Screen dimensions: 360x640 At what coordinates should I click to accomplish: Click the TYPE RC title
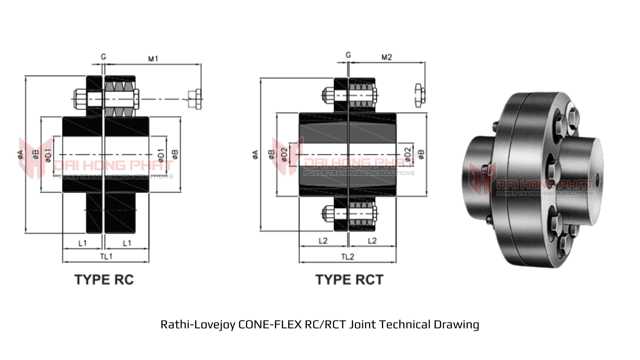(104, 280)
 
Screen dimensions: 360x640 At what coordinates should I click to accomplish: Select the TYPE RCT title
(349, 280)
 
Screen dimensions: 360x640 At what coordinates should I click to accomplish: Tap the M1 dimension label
(153, 59)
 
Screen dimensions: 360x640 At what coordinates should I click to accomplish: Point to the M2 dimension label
(387, 57)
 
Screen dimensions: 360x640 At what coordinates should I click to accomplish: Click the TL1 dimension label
(106, 256)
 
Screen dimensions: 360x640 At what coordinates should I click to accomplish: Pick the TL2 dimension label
(347, 257)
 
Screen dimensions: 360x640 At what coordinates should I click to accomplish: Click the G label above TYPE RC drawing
(104, 57)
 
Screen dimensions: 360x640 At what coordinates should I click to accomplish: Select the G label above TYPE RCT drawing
(348, 55)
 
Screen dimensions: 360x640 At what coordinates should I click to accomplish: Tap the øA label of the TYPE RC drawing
(21, 154)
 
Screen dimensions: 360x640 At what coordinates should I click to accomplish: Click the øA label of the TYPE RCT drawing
(255, 154)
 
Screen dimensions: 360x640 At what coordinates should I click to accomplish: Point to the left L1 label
(82, 243)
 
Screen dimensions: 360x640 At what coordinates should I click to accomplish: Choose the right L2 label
(372, 241)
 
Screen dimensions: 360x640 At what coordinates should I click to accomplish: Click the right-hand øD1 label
(161, 155)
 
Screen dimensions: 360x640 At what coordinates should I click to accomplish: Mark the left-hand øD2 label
(284, 154)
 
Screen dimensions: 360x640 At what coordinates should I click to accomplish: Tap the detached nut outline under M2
(420, 96)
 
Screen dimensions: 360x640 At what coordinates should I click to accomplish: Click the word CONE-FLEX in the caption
(270, 324)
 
